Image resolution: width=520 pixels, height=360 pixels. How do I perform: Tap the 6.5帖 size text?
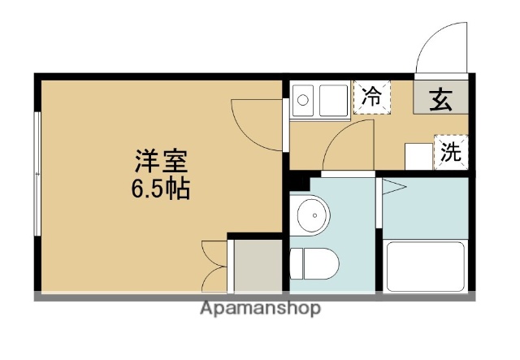(161, 189)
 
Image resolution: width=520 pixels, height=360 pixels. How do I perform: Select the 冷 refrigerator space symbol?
(371, 98)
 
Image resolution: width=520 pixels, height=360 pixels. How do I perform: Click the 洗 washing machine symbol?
(450, 151)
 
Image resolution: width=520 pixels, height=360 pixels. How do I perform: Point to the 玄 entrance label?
(440, 99)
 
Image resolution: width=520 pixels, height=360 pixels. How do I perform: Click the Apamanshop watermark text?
(259, 309)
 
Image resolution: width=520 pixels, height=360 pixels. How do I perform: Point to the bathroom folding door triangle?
(393, 188)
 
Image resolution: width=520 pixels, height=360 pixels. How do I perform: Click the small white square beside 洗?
(418, 154)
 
